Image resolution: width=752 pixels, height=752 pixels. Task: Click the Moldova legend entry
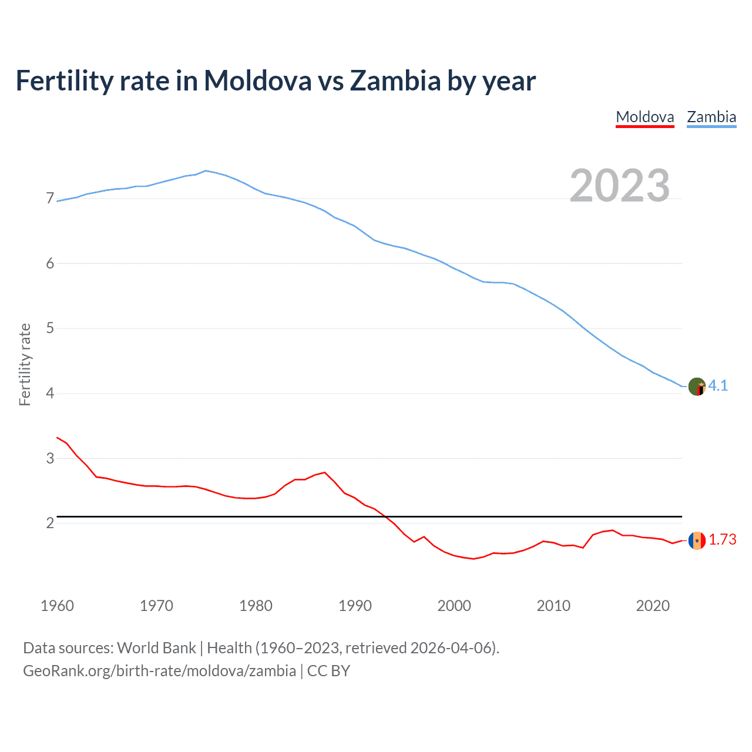click(x=644, y=117)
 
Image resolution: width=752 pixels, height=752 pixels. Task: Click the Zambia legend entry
click(x=711, y=117)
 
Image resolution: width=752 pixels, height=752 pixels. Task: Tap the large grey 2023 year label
click(x=619, y=186)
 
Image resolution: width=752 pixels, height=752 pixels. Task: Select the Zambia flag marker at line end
click(x=697, y=387)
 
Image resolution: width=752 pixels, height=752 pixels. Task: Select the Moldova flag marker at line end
click(x=697, y=540)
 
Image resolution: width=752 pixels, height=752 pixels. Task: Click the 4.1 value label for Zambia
click(x=718, y=385)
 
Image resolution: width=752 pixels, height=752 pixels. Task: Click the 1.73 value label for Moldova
click(x=722, y=539)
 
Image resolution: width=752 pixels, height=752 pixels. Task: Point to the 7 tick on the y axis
click(x=50, y=199)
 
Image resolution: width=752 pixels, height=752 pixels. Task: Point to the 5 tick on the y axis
click(x=50, y=328)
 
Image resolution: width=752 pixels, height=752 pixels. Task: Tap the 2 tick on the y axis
click(x=50, y=522)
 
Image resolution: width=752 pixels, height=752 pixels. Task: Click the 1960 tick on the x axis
click(x=57, y=606)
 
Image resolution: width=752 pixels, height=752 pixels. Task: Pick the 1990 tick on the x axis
click(x=355, y=606)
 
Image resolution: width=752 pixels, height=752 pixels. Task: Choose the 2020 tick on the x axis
click(x=653, y=606)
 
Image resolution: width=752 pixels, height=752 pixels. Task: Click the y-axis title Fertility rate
click(x=25, y=364)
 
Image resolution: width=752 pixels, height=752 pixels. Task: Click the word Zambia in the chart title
click(x=395, y=80)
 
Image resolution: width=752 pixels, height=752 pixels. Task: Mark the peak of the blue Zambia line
click(x=205, y=170)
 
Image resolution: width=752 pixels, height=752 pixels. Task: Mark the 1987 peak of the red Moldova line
click(x=325, y=472)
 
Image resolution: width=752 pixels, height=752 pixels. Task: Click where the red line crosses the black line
click(x=385, y=516)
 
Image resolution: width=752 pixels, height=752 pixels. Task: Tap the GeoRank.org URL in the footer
click(x=159, y=671)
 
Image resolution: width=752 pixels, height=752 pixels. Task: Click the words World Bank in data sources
click(x=156, y=648)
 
